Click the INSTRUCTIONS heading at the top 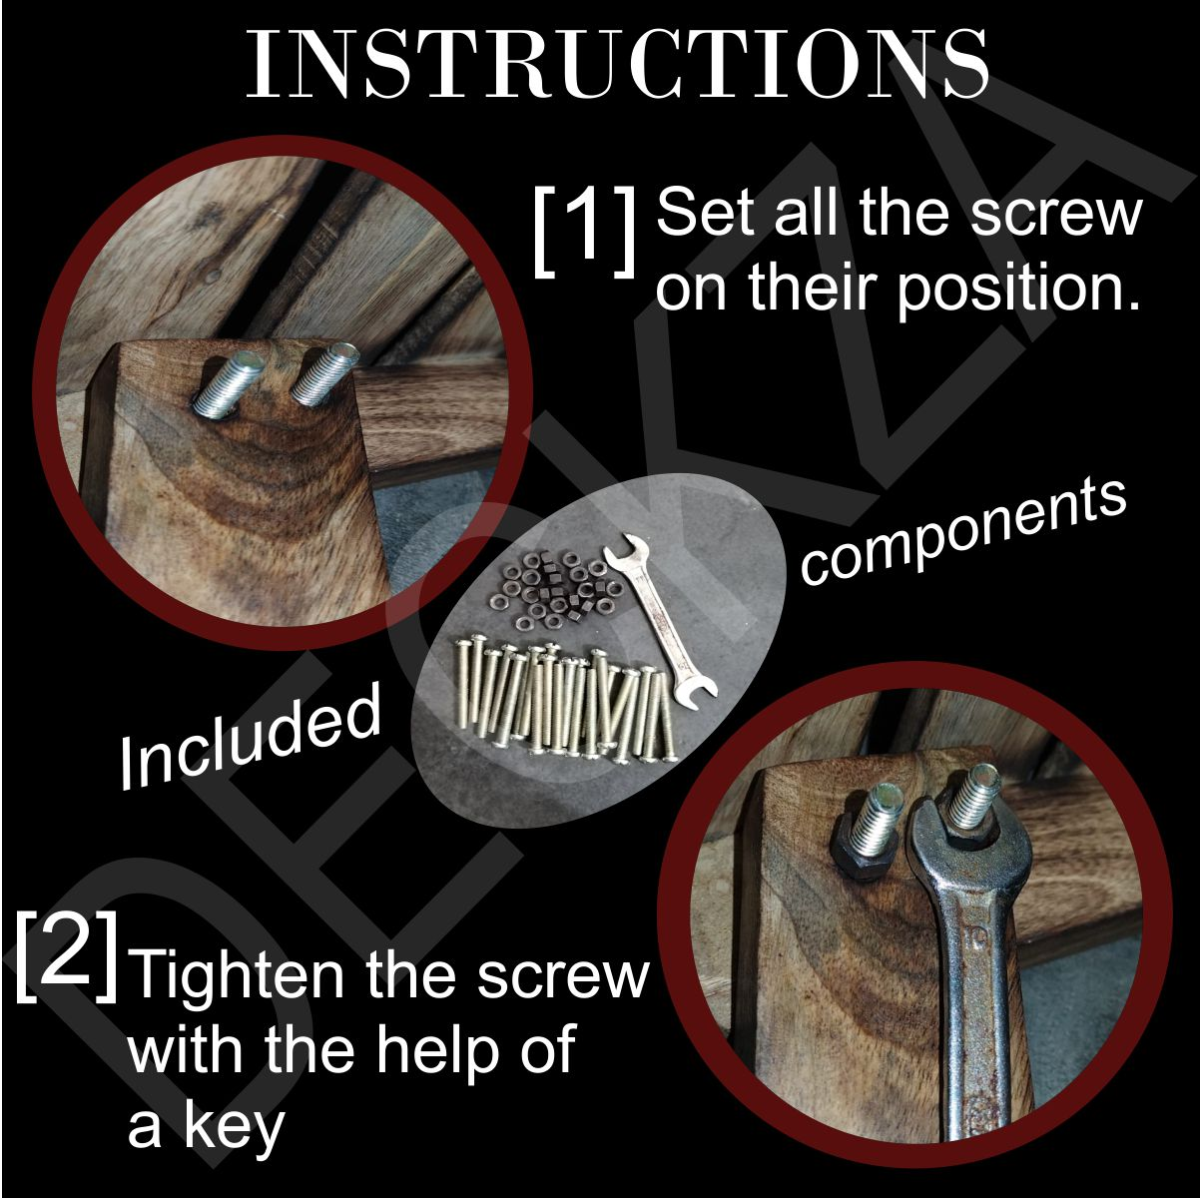617,63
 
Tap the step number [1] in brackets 584,231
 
